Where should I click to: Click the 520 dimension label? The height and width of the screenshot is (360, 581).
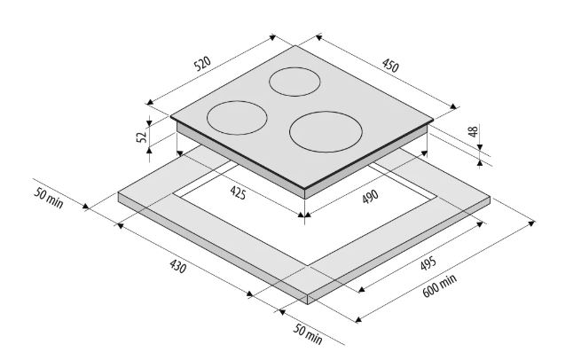(202, 63)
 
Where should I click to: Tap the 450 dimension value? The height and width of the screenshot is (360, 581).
(390, 66)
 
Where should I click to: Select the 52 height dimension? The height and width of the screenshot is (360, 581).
(142, 137)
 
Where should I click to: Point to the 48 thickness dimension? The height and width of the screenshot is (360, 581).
(474, 131)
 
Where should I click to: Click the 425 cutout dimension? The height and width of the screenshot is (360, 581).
(238, 192)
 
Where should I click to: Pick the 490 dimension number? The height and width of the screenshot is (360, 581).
(370, 197)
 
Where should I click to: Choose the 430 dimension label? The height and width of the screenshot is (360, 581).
(178, 266)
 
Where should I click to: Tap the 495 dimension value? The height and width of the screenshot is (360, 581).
(428, 263)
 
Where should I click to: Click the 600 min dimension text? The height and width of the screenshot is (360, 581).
(439, 286)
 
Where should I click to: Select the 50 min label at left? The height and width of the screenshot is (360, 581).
(49, 198)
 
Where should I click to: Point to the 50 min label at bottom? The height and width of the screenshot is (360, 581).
(308, 333)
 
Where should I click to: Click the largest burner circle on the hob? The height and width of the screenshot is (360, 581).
(326, 132)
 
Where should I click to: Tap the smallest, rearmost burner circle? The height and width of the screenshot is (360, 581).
(294, 82)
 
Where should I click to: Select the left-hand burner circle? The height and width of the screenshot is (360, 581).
(237, 118)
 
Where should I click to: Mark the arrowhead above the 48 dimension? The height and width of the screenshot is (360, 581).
(480, 147)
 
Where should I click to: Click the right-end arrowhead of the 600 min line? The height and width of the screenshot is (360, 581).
(531, 223)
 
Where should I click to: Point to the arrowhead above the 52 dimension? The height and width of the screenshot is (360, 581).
(149, 123)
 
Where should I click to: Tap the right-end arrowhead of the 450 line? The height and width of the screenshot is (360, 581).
(453, 106)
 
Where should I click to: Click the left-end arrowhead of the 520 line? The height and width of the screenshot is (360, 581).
(150, 102)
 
